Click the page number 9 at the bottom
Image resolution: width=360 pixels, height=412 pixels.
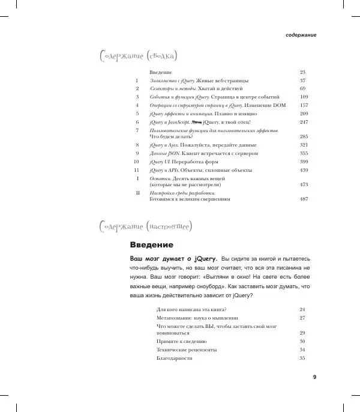point(314,377)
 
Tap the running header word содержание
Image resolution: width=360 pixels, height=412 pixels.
point(300,35)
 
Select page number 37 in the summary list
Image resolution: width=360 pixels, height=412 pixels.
point(303,80)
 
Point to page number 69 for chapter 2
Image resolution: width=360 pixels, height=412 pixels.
point(303,88)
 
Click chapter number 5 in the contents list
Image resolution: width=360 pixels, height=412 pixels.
point(137,113)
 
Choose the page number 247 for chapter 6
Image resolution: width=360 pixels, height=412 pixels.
point(303,121)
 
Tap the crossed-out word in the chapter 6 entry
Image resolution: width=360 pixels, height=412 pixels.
point(196,121)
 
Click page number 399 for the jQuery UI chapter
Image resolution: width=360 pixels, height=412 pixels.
point(303,162)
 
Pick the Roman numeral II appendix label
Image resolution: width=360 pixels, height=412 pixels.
point(137,193)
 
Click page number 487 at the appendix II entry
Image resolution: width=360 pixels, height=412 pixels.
point(303,199)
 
